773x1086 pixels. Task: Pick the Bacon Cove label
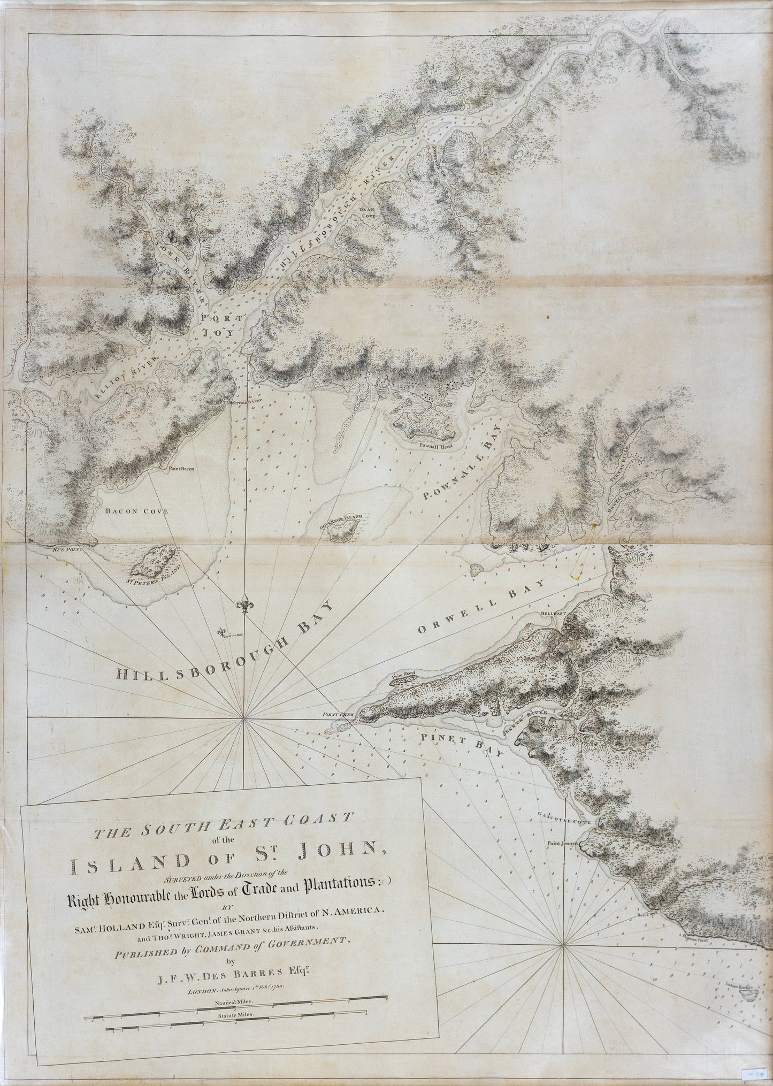pos(136,511)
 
